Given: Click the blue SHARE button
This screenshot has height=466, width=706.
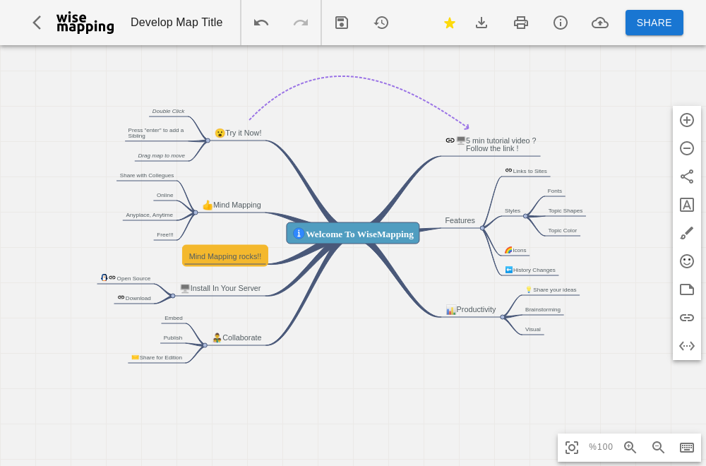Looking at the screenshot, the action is point(654,23).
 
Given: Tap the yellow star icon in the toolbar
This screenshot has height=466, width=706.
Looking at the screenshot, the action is point(449,23).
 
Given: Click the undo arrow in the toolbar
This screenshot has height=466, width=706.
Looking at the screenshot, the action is point(261,23).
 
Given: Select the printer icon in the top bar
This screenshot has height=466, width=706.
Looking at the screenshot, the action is point(521,23).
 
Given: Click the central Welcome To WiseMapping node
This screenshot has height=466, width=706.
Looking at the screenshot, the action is point(353,233).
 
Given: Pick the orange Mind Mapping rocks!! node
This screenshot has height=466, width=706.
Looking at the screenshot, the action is point(225,256).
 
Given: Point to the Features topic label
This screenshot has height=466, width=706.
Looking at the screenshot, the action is point(460,220).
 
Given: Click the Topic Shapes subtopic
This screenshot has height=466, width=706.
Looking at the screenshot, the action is point(565,210).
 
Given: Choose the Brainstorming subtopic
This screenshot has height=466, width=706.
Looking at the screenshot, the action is point(542,310).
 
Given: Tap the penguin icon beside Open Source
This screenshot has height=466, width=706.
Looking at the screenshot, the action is point(104,277).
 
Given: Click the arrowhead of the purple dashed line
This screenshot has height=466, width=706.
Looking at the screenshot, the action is point(467,127).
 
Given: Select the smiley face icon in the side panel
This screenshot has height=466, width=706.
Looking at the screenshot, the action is point(687,261).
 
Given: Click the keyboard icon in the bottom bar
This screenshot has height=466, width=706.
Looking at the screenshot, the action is point(687,447).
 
